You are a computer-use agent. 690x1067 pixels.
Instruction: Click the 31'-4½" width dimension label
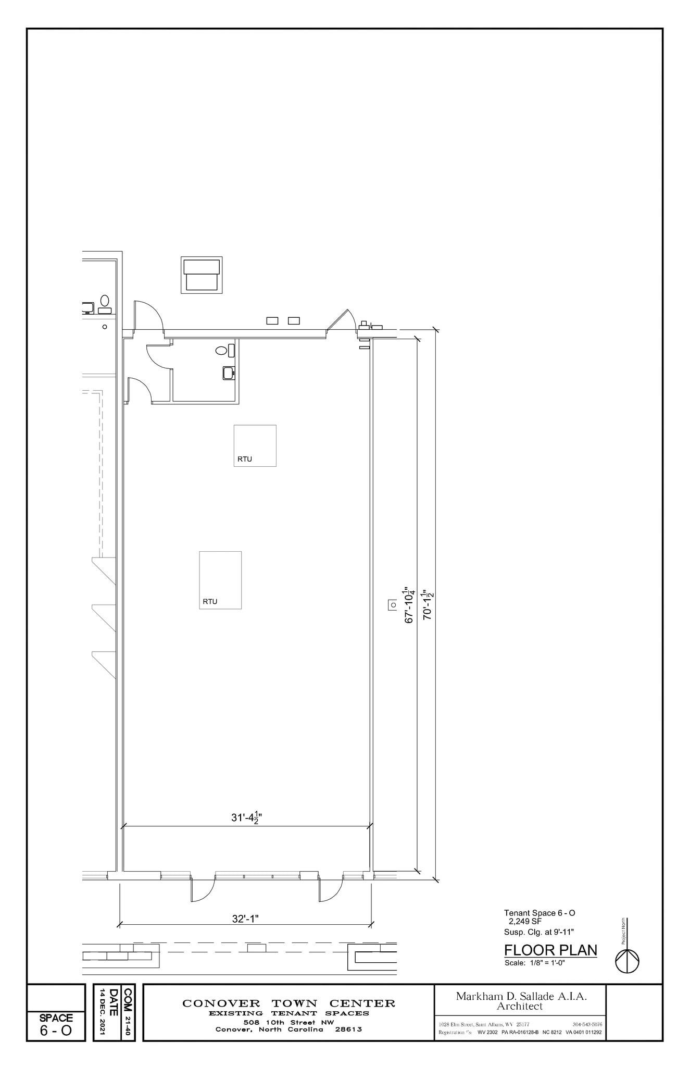pyautogui.click(x=246, y=818)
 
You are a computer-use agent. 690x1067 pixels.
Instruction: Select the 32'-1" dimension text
pyautogui.click(x=245, y=919)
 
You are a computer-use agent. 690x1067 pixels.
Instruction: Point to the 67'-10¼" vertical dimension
pyautogui.click(x=409, y=604)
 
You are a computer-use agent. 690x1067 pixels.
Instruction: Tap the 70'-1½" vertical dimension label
pyautogui.click(x=428, y=604)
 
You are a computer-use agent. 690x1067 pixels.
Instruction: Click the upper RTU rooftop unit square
pyautogui.click(x=255, y=445)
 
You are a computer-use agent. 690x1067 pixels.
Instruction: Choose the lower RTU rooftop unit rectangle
pyautogui.click(x=220, y=580)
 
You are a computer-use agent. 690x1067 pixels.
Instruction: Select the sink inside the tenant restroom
pyautogui.click(x=229, y=373)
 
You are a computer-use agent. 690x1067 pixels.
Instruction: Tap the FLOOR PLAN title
pyautogui.click(x=550, y=950)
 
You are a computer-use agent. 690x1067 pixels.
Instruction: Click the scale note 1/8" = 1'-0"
pyautogui.click(x=535, y=963)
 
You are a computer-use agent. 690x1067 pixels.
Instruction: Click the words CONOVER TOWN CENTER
pyautogui.click(x=288, y=1003)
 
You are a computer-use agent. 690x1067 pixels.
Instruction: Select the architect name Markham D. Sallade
pyautogui.click(x=521, y=996)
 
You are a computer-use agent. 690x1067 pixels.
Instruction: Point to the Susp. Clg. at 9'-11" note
pyautogui.click(x=538, y=932)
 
